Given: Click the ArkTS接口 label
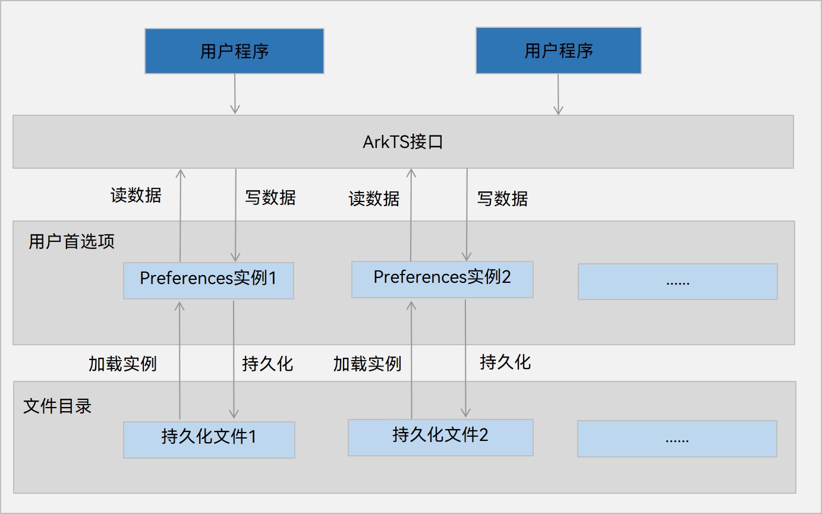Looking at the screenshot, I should [x=403, y=143].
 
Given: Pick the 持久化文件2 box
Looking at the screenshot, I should [x=440, y=437].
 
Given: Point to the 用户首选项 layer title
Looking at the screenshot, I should [x=71, y=242].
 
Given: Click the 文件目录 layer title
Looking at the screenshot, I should [x=57, y=406].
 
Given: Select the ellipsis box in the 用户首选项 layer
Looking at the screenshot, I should [x=678, y=281].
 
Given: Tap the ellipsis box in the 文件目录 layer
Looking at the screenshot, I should [x=677, y=439].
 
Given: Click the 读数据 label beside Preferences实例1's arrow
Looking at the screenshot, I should [x=136, y=195].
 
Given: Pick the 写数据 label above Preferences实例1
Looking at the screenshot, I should [x=270, y=197].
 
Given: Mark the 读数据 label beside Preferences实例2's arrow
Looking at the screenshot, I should [x=374, y=198].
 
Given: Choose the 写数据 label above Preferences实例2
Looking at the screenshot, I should [x=502, y=198].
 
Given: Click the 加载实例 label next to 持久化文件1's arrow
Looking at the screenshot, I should [x=122, y=364].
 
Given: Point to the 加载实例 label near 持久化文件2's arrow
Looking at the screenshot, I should [x=367, y=364].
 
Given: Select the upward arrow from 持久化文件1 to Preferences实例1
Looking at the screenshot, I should [x=179, y=360].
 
